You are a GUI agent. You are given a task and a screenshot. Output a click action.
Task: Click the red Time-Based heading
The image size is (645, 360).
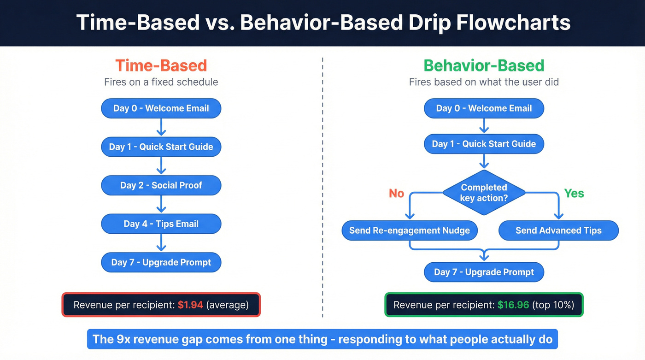161,65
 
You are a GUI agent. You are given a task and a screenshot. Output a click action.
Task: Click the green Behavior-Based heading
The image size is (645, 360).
484,65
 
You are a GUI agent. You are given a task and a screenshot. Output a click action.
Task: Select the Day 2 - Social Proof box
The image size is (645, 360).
161,185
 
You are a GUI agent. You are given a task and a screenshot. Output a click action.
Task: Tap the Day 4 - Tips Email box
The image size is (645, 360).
161,224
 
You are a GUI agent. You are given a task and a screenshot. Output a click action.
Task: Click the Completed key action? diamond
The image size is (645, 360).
484,193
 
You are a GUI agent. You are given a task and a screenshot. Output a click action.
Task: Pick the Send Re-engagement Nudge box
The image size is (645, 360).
409,230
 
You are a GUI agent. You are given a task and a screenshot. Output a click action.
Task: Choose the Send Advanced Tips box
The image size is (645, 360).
558,230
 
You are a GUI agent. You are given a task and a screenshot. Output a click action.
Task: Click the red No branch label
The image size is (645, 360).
396,193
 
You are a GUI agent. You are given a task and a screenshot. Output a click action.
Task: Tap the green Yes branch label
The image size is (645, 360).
574,193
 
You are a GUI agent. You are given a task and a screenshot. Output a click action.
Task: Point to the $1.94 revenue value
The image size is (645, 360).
190,305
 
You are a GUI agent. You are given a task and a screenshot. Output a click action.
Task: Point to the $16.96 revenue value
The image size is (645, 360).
513,305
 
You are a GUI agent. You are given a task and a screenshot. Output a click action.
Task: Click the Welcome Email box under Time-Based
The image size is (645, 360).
161,109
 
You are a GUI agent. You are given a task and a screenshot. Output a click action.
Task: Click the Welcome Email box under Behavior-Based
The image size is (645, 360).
484,109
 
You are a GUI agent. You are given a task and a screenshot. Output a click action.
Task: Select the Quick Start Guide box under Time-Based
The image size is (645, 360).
161,147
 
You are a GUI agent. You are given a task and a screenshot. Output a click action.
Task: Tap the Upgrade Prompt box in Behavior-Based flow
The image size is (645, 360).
484,272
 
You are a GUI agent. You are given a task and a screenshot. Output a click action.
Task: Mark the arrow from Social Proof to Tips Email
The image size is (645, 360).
161,204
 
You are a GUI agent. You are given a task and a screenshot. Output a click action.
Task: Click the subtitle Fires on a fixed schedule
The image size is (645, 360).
161,82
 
